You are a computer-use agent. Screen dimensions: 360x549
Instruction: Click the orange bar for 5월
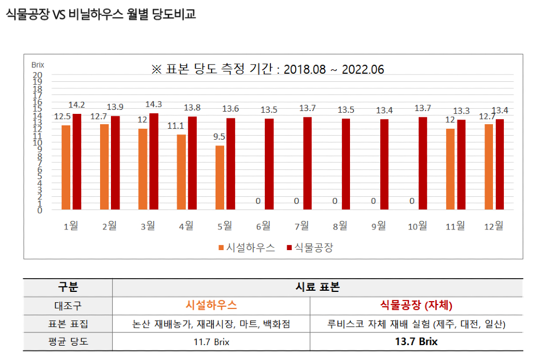(220, 177)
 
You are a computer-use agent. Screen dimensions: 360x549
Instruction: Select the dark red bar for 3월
(154, 161)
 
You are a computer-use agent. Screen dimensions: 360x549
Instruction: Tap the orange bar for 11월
(451, 169)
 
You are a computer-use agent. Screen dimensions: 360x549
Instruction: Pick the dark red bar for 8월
(346, 164)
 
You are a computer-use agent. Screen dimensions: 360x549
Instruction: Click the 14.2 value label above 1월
(77, 105)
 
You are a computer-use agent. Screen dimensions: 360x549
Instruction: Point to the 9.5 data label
(219, 137)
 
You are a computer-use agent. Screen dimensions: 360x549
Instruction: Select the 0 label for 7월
(296, 201)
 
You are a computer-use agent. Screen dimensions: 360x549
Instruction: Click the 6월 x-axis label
(263, 226)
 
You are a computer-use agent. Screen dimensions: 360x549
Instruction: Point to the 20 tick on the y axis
(38, 75)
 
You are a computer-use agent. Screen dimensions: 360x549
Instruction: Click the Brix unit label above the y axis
(38, 65)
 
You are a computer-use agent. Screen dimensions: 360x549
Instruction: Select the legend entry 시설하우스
(246, 248)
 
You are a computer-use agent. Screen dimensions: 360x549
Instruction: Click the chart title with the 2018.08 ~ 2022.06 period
(268, 69)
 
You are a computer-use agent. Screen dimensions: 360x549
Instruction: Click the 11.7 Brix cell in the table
(211, 342)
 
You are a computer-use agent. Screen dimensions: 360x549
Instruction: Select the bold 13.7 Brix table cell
(416, 342)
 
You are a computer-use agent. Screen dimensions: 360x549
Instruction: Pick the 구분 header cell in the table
(67, 287)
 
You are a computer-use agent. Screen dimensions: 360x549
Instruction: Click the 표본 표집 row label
(67, 324)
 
